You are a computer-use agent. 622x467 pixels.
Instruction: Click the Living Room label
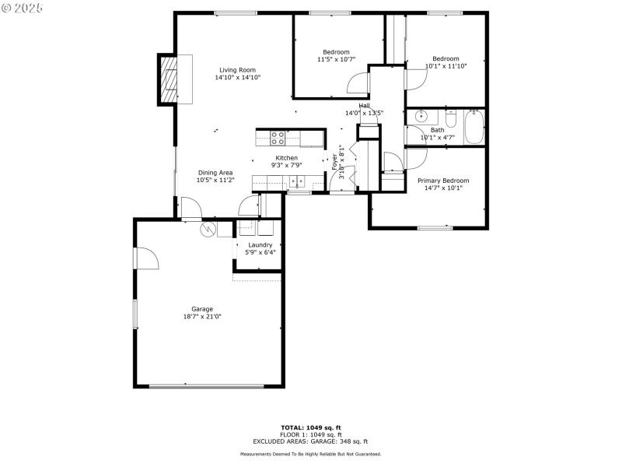[237, 69]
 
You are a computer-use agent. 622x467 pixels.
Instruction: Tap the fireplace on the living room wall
[168, 79]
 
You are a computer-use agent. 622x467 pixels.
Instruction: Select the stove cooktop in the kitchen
[278, 138]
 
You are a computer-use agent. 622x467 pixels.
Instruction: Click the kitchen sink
[297, 182]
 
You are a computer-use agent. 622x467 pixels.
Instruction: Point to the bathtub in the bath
[473, 128]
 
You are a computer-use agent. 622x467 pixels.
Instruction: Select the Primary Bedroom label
[443, 181]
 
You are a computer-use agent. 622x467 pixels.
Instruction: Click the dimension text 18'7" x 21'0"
[202, 317]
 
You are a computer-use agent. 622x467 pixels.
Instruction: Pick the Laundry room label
[260, 244]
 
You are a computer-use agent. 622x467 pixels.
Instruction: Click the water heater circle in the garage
[208, 230]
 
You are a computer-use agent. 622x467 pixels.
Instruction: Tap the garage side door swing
[146, 258]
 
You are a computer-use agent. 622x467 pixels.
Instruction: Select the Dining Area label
[215, 173]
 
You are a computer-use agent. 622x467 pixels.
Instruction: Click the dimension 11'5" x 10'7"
[336, 59]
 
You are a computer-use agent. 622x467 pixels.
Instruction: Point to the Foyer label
[335, 161]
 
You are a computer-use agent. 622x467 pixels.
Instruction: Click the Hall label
[364, 106]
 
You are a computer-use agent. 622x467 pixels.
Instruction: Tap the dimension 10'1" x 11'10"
[446, 66]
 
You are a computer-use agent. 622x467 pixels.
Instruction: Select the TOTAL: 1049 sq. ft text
[310, 427]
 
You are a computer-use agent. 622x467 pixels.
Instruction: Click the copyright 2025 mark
[22, 7]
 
